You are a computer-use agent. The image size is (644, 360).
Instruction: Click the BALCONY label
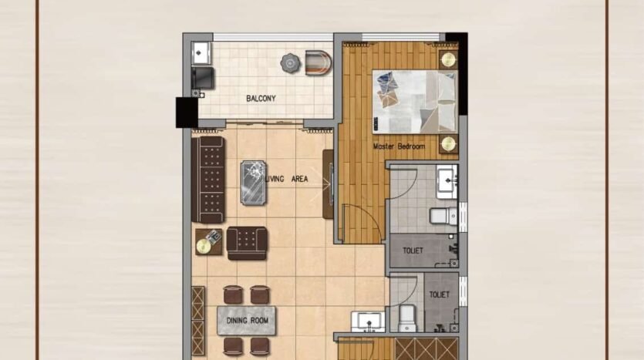tap(261, 99)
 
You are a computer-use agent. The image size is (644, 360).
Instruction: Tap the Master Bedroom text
tap(399, 146)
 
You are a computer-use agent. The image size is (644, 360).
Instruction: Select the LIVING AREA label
tap(287, 179)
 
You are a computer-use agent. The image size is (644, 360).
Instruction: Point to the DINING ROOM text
tap(248, 321)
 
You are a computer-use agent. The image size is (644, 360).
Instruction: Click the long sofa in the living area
tap(207, 180)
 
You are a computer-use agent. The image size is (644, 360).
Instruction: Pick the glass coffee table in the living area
tap(253, 183)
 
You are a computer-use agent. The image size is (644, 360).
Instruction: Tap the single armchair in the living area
tap(247, 243)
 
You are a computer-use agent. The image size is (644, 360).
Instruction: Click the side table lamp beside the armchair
tap(204, 245)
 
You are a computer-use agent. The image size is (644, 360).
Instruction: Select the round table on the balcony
tap(290, 63)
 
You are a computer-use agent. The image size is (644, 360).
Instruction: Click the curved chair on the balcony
tap(318, 62)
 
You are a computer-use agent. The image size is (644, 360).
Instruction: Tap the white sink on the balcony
tap(201, 53)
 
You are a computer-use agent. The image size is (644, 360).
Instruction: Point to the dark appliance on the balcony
tap(203, 78)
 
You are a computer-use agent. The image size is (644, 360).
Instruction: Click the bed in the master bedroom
tap(415, 102)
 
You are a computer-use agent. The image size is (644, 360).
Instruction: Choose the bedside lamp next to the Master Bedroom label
tap(448, 144)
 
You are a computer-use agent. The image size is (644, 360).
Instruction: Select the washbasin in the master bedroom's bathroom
tap(447, 181)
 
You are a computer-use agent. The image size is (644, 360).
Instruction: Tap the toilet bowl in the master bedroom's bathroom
tap(443, 216)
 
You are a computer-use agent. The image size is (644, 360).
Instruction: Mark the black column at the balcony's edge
tap(187, 113)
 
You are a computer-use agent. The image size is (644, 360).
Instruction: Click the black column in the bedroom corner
tap(457, 74)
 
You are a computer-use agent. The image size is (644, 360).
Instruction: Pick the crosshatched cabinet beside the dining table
tap(198, 321)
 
